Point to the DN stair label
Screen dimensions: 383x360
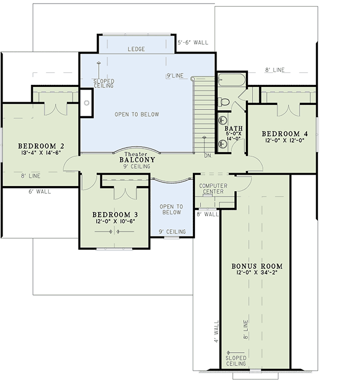coord(207,155)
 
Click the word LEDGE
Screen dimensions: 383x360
coord(136,49)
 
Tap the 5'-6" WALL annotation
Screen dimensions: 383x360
coord(193,43)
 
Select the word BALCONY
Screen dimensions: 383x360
coord(137,160)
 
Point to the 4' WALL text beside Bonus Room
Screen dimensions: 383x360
coord(216,333)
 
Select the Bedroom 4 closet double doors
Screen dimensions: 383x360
coord(288,110)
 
